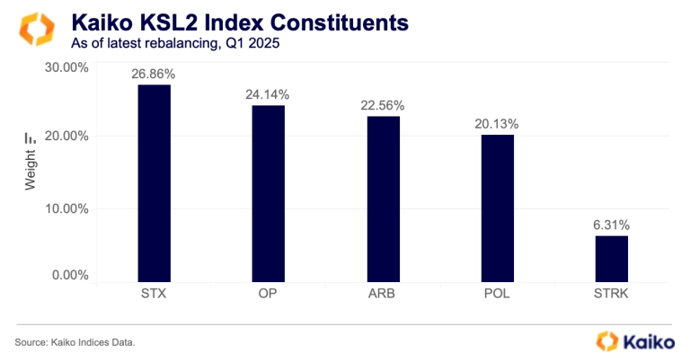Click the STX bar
[154, 182]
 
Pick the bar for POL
[496, 207]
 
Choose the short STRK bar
[611, 257]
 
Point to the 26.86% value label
[154, 73]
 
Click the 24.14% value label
[268, 93]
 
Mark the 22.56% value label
[382, 105]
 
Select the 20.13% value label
[496, 123]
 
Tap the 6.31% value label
[611, 224]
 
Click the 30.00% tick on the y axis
[66, 66]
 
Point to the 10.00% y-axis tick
[66, 208]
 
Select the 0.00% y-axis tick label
[69, 275]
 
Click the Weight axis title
[31, 172]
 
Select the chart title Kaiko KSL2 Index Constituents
[227, 20]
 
